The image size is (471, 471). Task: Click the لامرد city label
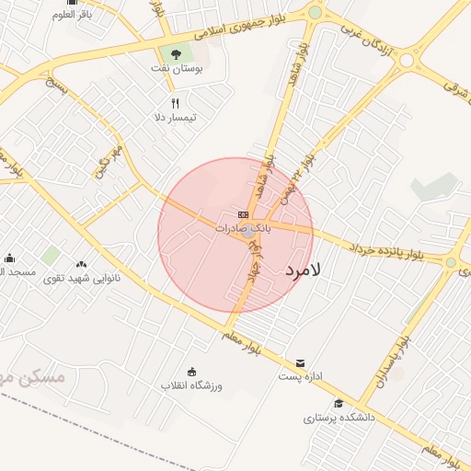click(304, 270)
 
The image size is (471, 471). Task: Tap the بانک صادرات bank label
click(243, 226)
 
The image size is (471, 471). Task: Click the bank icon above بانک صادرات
click(243, 214)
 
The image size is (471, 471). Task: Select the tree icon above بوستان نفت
click(176, 53)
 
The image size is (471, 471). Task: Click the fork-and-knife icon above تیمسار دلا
click(175, 103)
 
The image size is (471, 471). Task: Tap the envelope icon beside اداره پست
click(301, 362)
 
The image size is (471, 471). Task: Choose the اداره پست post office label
click(300, 376)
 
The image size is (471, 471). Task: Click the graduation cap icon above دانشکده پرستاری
click(339, 403)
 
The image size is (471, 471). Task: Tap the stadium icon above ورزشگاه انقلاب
click(191, 372)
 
